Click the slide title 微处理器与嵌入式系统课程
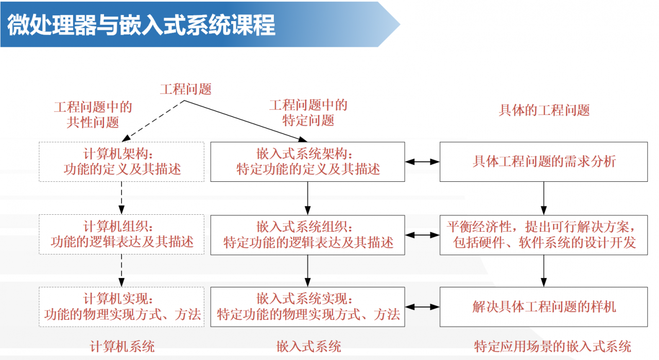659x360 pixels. point(141,25)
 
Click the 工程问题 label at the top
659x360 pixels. point(185,89)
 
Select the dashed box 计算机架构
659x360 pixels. point(122,162)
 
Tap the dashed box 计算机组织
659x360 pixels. point(122,235)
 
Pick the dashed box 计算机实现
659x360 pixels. point(122,307)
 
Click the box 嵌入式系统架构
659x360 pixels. point(307,162)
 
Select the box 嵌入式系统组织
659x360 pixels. point(307,235)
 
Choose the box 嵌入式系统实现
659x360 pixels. point(307,307)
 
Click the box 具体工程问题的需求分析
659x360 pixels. point(544,162)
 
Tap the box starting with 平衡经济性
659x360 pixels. point(544,235)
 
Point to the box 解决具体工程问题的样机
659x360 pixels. point(544,307)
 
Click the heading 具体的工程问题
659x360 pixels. point(544,110)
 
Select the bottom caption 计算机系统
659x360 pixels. point(122,346)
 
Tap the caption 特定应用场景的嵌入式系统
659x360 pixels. point(552,346)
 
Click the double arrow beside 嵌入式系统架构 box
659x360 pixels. point(422,162)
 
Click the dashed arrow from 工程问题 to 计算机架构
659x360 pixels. point(153,121)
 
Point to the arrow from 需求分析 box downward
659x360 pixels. point(544,198)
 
